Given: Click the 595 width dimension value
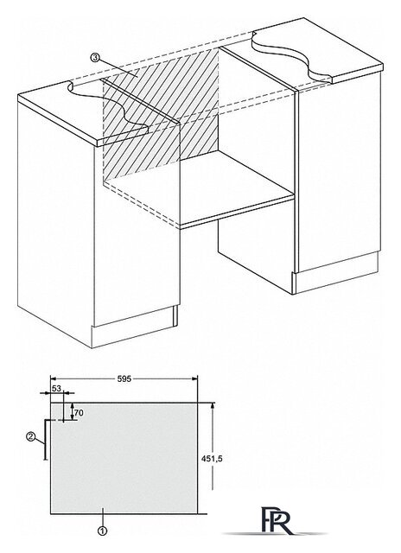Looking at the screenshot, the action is [x=124, y=378].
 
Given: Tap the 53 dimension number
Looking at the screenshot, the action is [x=56, y=388].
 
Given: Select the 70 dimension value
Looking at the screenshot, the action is [x=79, y=413].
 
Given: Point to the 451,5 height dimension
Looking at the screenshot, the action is [x=212, y=459].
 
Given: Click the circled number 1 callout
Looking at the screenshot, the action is [x=102, y=530].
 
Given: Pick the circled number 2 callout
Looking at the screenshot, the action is [x=31, y=436].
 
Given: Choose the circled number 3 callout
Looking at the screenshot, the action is [x=95, y=57].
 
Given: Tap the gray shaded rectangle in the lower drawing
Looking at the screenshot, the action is [x=124, y=458].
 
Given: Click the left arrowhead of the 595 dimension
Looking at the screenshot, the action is [x=54, y=378].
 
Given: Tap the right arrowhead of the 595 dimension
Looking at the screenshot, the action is [x=194, y=378].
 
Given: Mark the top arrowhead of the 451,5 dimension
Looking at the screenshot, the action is [x=213, y=406].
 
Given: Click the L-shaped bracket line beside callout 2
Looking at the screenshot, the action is [x=45, y=439].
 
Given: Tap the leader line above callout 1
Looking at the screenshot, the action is [x=102, y=517].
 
